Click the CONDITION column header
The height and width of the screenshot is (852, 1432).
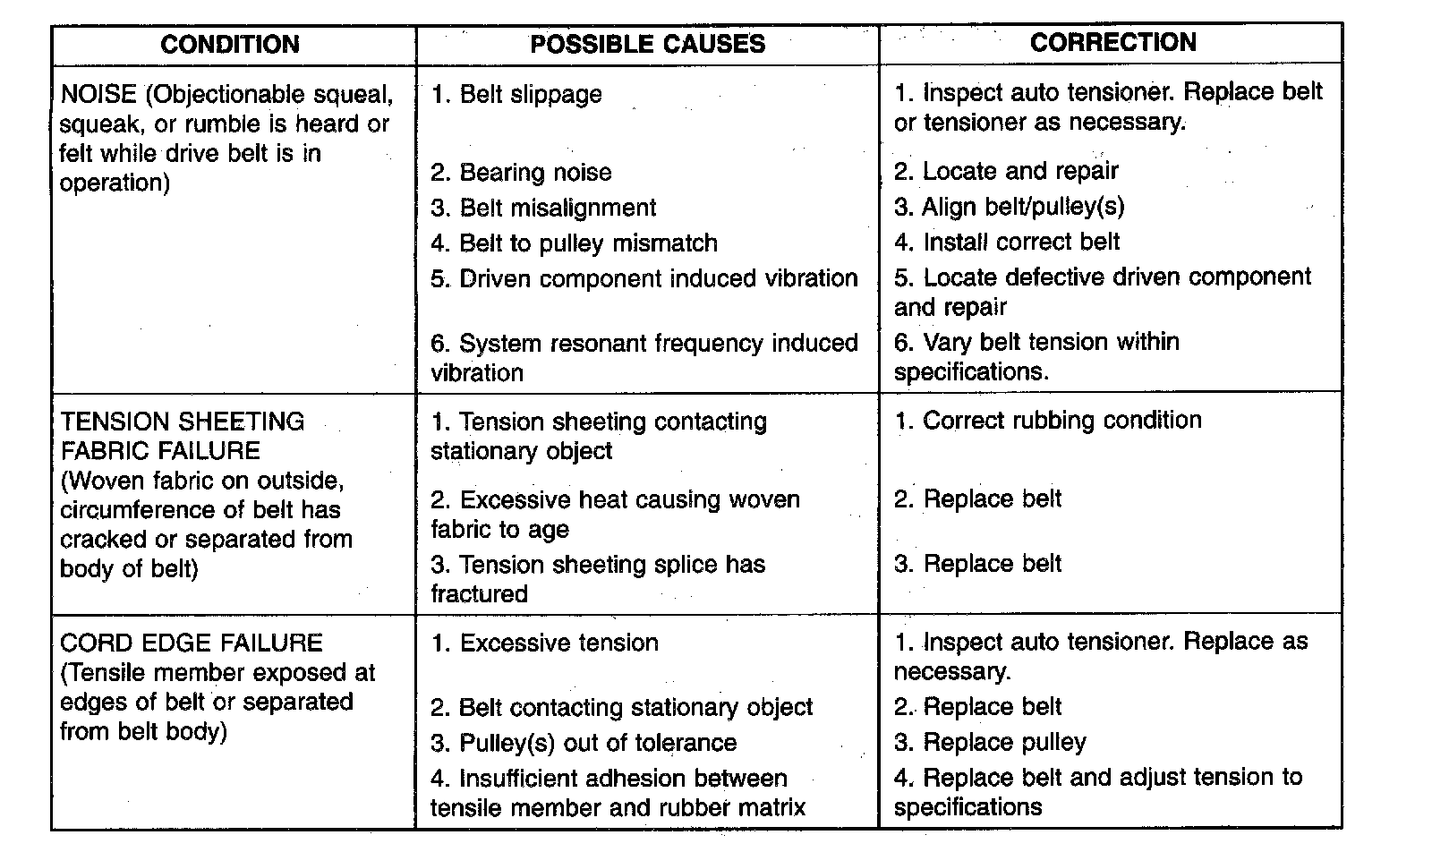[229, 45]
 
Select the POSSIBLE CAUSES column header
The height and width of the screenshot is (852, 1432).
[647, 45]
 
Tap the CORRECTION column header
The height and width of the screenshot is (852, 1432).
[1112, 43]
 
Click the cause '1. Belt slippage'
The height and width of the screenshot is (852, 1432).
[516, 95]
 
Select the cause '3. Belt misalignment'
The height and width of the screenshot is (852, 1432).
[543, 208]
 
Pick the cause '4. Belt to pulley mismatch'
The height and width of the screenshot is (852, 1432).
[574, 243]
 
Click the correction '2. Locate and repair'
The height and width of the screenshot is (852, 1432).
[1006, 171]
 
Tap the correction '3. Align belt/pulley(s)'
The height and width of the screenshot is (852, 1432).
[1009, 207]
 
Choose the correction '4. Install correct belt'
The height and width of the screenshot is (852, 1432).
[1007, 242]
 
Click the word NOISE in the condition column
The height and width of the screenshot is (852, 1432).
[98, 94]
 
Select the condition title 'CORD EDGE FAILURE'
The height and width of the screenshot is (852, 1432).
[191, 643]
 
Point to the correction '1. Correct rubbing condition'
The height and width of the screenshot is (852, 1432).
[1048, 421]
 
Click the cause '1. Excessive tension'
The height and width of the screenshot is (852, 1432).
[544, 643]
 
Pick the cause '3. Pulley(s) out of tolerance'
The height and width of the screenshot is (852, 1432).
[584, 743]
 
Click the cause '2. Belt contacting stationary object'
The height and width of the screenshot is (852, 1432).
[621, 708]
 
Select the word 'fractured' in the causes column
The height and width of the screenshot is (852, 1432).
[479, 594]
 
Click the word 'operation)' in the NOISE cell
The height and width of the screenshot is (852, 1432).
[115, 183]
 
